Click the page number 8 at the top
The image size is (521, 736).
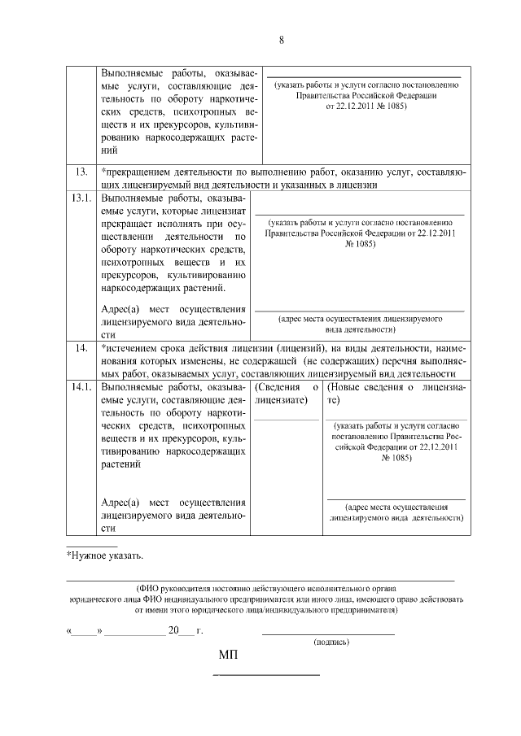281,40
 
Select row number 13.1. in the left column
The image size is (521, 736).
81,198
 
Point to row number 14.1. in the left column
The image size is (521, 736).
81,387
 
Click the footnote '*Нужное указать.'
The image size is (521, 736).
104,556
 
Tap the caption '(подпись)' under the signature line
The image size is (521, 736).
331,642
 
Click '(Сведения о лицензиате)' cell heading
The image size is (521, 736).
287,394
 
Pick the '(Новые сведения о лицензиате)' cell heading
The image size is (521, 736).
396,394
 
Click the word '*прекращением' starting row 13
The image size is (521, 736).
135,172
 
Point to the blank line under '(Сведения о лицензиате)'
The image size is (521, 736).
287,419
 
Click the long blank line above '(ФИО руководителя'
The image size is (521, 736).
260,581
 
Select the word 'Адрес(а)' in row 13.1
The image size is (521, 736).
120,309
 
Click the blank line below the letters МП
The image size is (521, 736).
266,675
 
